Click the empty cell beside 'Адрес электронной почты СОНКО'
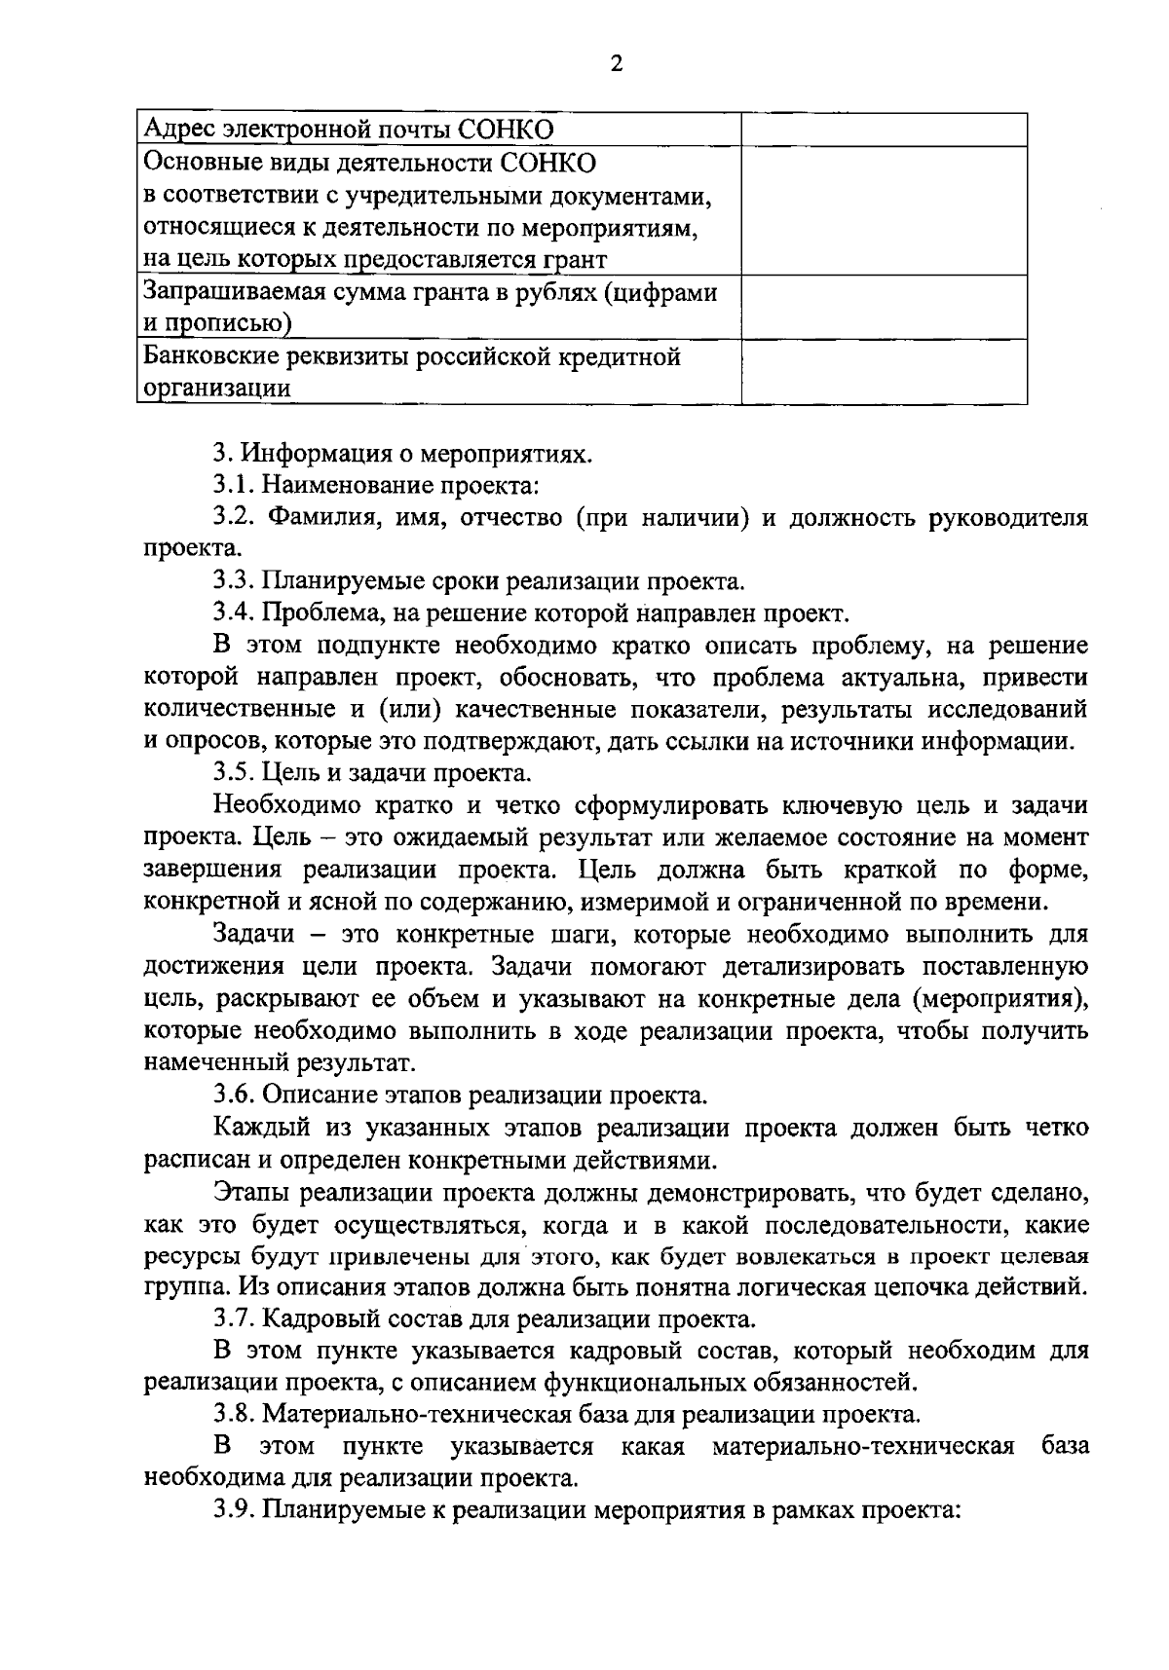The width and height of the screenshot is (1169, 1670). (884, 130)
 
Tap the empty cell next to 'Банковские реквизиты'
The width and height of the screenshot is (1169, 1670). (884, 371)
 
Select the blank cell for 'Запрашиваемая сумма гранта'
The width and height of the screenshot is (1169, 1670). (884, 307)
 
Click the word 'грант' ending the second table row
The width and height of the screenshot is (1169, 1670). (576, 260)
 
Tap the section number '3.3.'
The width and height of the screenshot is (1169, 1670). (234, 582)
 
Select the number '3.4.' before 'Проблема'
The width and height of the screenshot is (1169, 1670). (234, 614)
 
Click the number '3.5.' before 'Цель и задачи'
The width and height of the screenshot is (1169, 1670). (234, 774)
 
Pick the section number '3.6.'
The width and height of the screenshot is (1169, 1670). (234, 1095)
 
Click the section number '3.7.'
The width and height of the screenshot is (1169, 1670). (234, 1320)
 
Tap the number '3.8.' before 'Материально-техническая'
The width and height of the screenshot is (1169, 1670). (234, 1414)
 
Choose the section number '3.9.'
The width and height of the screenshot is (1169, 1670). (234, 1510)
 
